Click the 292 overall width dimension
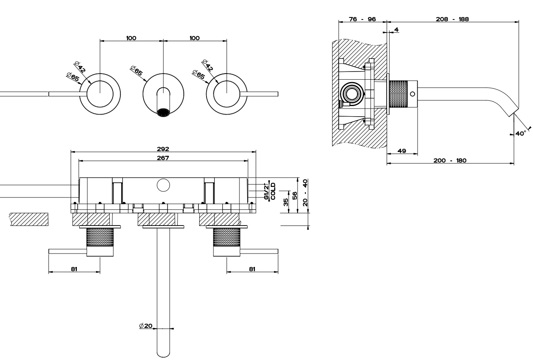[163, 149]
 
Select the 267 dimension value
[163, 158]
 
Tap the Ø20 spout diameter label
[145, 325]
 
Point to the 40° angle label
[521, 133]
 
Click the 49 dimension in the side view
[402, 151]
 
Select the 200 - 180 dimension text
[450, 160]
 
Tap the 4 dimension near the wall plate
[396, 29]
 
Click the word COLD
[273, 191]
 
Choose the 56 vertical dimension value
[294, 196]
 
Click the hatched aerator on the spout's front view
[163, 113]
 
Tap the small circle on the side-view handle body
[413, 94]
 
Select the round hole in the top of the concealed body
[163, 185]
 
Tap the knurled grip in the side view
[398, 94]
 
